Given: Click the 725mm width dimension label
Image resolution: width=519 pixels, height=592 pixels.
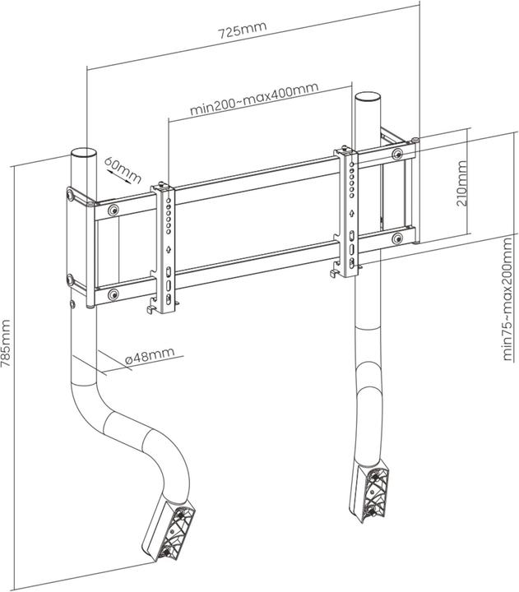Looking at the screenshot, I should click(x=242, y=32).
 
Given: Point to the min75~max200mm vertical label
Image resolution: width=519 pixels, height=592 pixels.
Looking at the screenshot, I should click(x=508, y=306).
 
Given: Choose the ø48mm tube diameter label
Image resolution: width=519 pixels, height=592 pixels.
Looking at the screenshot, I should click(x=151, y=354).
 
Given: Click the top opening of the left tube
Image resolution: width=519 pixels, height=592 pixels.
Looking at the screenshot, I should click(x=84, y=154).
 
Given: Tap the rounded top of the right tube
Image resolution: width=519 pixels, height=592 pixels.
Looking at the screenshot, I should click(x=366, y=97).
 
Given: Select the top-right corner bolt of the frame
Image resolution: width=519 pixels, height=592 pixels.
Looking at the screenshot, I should click(x=398, y=154).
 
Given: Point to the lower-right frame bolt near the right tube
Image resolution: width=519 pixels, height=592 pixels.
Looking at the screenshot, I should click(x=397, y=239).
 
